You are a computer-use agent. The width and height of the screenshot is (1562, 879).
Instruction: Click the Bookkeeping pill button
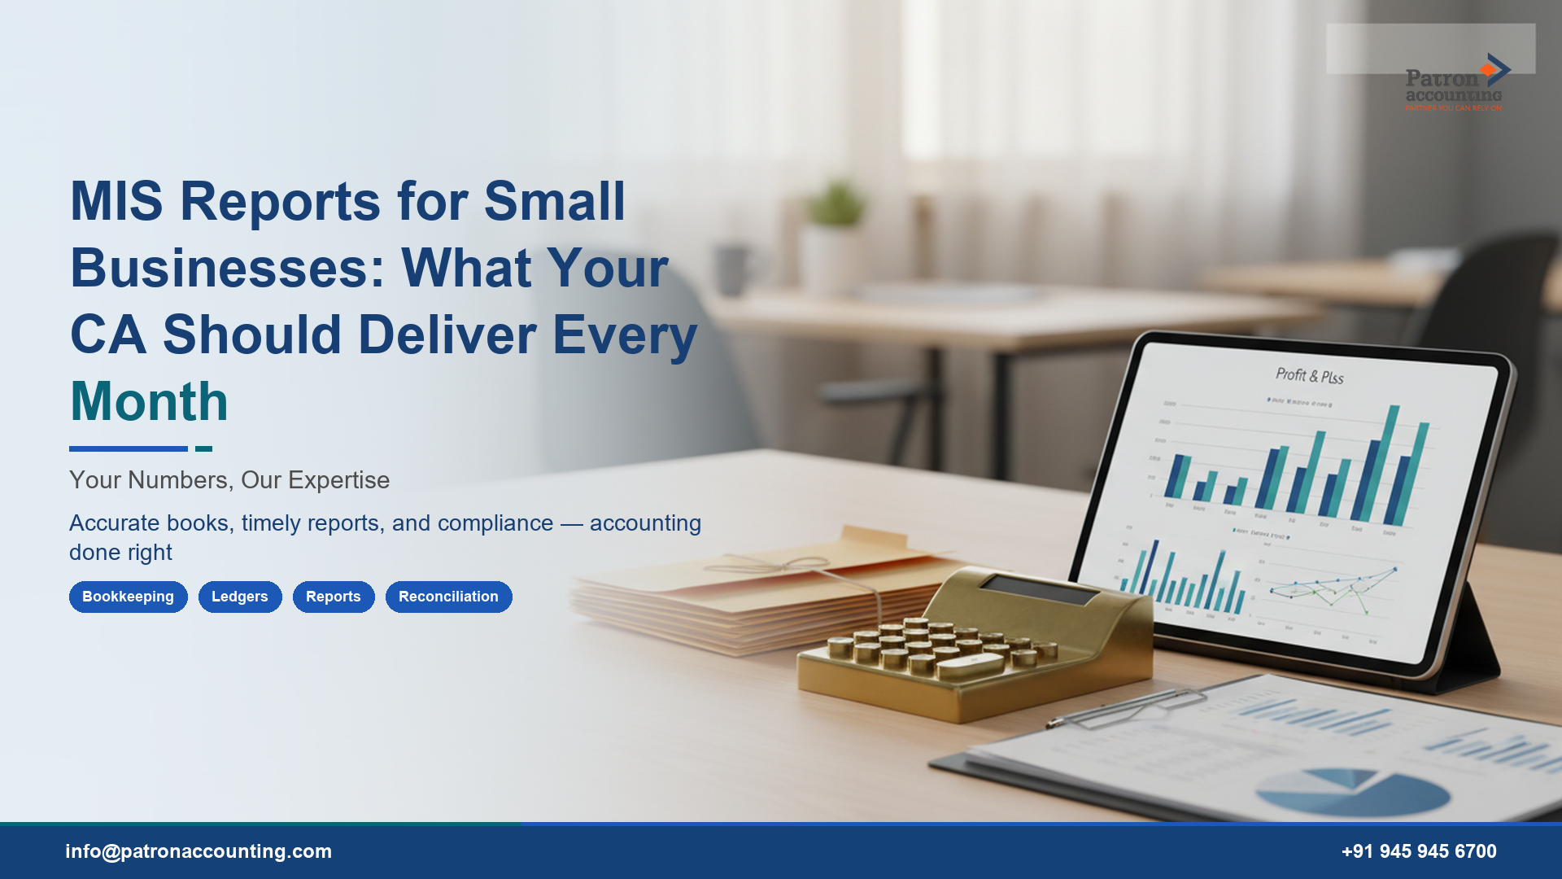pos(128,597)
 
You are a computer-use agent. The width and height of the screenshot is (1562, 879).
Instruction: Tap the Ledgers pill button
pos(239,597)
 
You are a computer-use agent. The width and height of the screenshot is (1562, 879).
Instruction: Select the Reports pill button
pos(333,597)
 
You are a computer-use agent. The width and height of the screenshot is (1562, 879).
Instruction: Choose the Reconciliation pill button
pos(448,597)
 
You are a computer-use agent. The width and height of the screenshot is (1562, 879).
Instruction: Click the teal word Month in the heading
pos(149,401)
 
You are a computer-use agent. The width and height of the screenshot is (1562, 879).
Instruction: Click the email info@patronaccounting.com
pos(199,851)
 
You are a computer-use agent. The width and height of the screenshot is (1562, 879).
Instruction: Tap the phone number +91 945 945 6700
pos(1418,851)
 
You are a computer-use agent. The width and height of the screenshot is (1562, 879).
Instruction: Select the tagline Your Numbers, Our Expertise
pos(229,480)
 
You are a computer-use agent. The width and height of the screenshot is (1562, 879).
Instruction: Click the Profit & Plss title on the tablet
pos(1309,375)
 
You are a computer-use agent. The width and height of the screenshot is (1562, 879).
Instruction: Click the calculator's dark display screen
pos(1039,590)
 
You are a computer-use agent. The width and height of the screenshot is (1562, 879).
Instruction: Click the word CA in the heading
pos(108,335)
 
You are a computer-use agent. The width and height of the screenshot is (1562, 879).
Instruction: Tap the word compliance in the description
pos(495,523)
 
